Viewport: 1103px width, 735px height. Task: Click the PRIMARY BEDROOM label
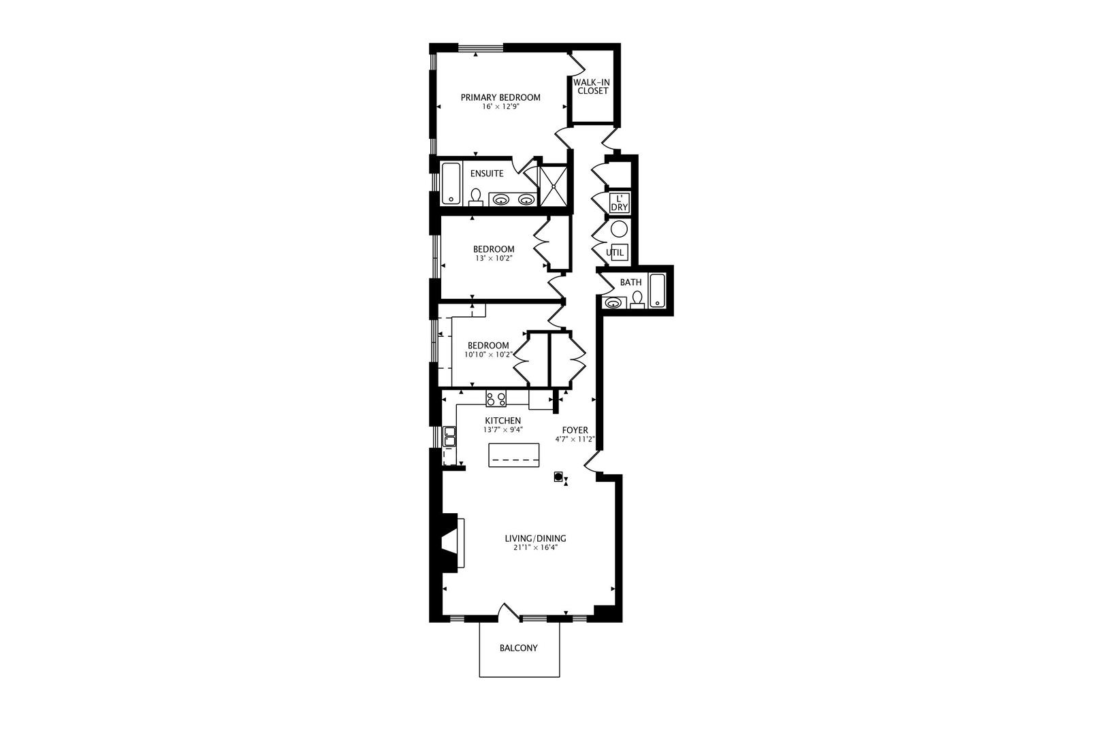pyautogui.click(x=500, y=97)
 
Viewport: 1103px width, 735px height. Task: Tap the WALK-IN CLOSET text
pyautogui.click(x=592, y=86)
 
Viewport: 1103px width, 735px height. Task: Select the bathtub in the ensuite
pyautogui.click(x=451, y=183)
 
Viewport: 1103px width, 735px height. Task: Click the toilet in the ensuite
pyautogui.click(x=476, y=197)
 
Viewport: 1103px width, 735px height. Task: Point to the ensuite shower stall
pyautogui.click(x=552, y=185)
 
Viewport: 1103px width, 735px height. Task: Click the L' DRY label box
pyautogui.click(x=620, y=203)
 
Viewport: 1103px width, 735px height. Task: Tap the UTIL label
pyautogui.click(x=615, y=252)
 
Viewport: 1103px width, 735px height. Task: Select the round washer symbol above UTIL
pyautogui.click(x=619, y=229)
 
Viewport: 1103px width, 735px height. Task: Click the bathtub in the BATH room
pyautogui.click(x=656, y=291)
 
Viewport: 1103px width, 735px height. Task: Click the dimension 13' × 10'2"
pyautogui.click(x=494, y=259)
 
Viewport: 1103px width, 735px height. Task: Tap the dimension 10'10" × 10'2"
pyautogui.click(x=488, y=355)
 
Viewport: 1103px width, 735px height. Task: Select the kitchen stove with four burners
pyautogui.click(x=496, y=398)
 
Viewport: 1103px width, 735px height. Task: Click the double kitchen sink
pyautogui.click(x=449, y=436)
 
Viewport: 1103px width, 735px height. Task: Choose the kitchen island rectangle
pyautogui.click(x=514, y=455)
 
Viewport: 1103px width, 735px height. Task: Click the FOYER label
pyautogui.click(x=575, y=430)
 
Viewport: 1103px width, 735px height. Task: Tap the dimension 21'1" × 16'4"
pyautogui.click(x=540, y=547)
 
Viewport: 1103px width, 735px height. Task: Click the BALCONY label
pyautogui.click(x=518, y=648)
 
